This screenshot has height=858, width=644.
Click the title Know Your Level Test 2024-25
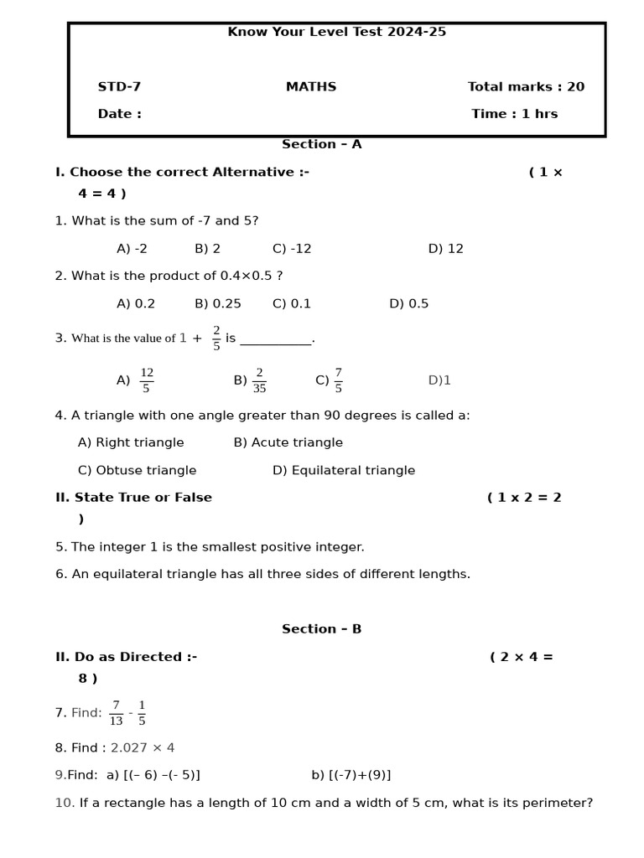336,32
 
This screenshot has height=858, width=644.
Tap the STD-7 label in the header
119,87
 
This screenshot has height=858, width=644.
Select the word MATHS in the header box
311,87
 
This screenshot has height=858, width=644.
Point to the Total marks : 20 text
526,87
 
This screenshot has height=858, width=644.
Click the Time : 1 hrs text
514,114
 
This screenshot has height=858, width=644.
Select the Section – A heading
321,144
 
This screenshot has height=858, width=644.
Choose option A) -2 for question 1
132,249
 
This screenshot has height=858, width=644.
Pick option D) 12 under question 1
445,249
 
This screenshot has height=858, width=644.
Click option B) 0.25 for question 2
218,304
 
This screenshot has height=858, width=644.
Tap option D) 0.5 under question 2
408,304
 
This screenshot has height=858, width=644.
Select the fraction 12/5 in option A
147,380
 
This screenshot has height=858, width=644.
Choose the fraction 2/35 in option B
259,380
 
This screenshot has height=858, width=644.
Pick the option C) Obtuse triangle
137,471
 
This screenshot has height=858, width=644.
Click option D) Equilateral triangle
344,471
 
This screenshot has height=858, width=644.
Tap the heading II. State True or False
133,498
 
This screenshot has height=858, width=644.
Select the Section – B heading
321,629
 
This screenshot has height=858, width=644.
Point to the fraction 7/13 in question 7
116,713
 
